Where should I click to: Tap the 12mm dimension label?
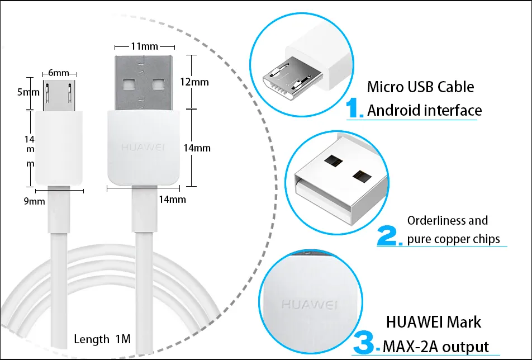[x=195, y=82]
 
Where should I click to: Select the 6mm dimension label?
[x=59, y=73]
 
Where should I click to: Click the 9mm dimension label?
[x=34, y=201]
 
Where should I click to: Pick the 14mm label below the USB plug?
[x=172, y=199]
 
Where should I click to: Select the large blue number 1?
[x=354, y=108]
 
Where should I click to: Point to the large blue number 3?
[x=367, y=343]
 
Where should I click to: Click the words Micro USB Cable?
[x=420, y=87]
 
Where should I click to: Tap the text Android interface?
[x=424, y=110]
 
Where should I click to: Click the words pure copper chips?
[x=453, y=239]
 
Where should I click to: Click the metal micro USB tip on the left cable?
[x=59, y=96]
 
